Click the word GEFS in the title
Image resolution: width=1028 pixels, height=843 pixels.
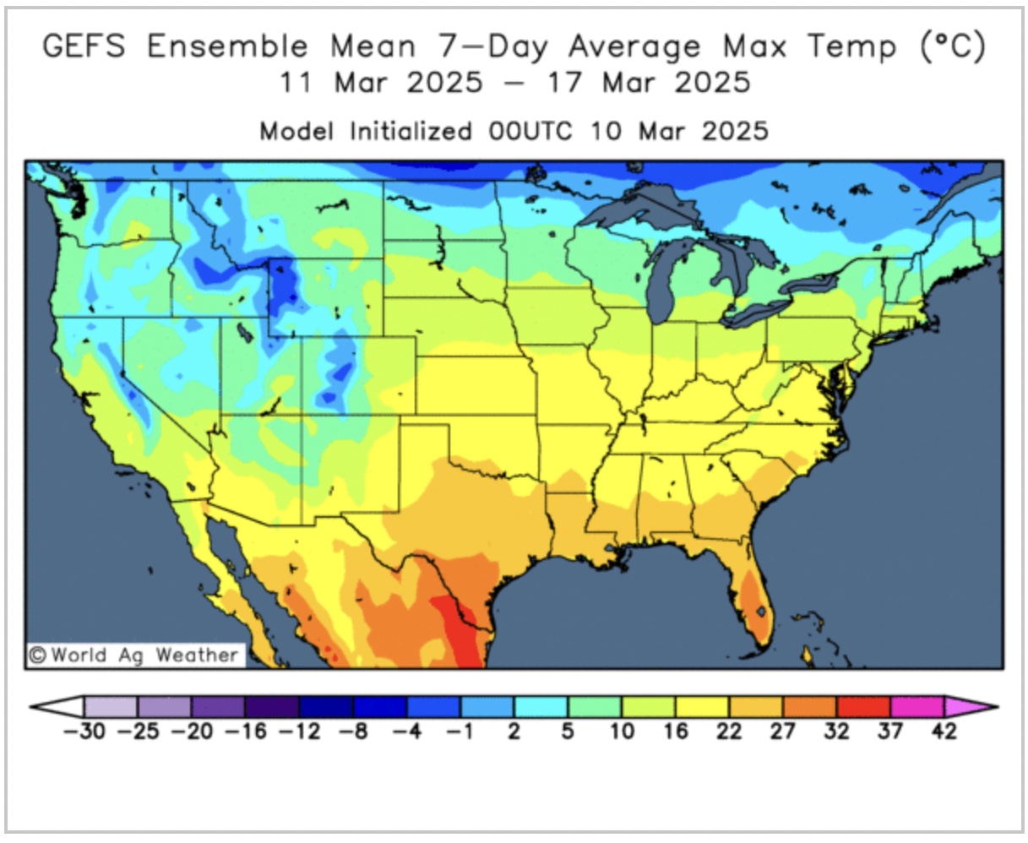[x=84, y=46]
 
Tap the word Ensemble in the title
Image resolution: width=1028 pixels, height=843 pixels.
[x=227, y=46]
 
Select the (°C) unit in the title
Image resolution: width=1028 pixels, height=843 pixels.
[x=952, y=46]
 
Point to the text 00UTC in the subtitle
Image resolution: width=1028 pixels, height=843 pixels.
[x=530, y=132]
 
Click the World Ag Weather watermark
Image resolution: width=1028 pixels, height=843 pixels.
[x=135, y=655]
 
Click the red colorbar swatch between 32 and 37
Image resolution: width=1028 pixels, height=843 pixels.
[x=863, y=706]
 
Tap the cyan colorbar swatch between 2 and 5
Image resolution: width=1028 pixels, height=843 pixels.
[x=541, y=706]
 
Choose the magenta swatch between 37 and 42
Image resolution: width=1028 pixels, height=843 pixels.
[x=917, y=706]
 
